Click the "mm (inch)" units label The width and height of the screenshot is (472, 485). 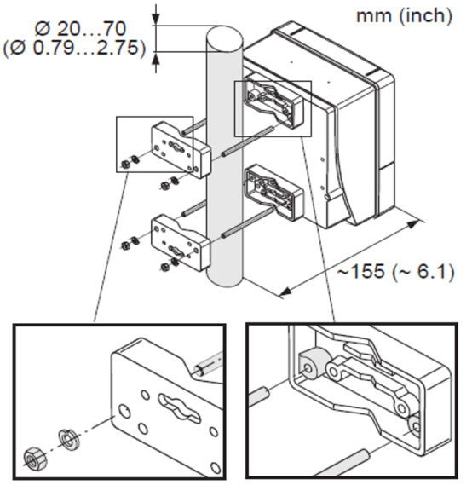[404, 16]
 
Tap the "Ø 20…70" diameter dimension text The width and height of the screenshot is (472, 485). [80, 29]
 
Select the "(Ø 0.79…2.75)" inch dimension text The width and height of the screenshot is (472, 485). [74, 49]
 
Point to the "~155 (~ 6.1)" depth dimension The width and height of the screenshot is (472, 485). [395, 272]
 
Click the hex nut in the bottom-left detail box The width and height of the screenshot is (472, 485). [35, 459]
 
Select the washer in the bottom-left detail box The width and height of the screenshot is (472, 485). [70, 439]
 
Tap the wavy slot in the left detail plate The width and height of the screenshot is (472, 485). [179, 408]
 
